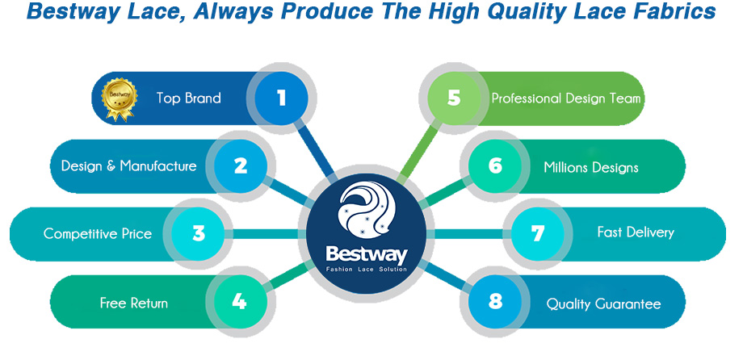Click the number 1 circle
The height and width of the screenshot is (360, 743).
tap(282, 98)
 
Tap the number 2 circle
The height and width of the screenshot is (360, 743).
tap(241, 166)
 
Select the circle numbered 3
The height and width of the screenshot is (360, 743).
tap(199, 233)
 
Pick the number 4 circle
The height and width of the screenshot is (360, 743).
tap(239, 301)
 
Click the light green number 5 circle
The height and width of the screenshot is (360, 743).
tap(454, 98)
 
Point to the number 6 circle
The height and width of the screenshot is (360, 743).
tap(495, 166)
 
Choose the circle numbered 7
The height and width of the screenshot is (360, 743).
tap(538, 233)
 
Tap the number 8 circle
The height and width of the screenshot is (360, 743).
tap(495, 301)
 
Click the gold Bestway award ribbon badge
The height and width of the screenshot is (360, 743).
tap(119, 99)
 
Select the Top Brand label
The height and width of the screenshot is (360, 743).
tap(189, 98)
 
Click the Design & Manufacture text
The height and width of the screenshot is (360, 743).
tap(129, 165)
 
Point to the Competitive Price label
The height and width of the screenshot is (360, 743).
tap(98, 233)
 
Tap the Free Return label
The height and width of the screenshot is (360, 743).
tap(133, 303)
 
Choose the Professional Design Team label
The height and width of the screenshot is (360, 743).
tap(566, 98)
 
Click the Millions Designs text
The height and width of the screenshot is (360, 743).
tap(591, 167)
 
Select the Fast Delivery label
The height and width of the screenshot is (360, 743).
tap(636, 232)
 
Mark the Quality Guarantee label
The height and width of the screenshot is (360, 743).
tap(604, 303)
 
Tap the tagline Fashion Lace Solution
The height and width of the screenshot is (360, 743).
tap(367, 269)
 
